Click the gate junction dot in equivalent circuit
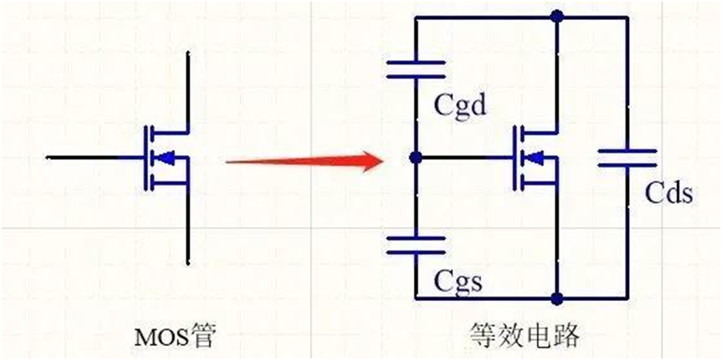tap(415, 156)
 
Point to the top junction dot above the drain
tap(558, 15)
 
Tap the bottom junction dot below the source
tap(558, 297)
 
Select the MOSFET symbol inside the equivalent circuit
tap(537, 156)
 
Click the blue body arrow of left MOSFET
tap(167, 156)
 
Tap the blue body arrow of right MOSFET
tap(537, 156)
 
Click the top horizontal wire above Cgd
tap(486, 16)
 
